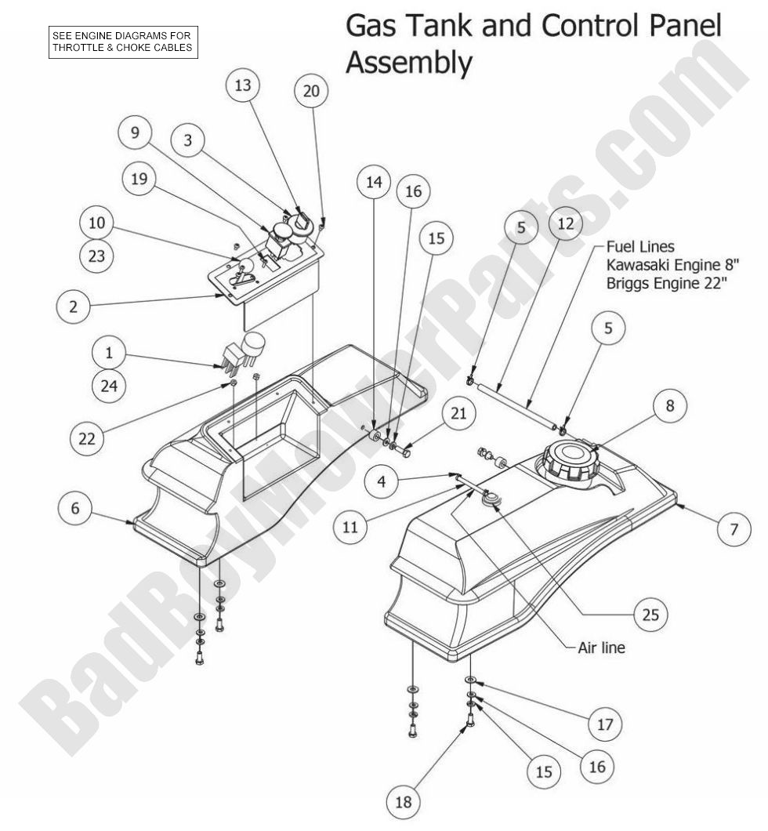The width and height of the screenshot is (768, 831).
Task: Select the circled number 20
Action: [311, 91]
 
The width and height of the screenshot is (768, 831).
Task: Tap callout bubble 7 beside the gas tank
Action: [734, 529]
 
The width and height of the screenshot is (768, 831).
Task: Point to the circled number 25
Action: [650, 615]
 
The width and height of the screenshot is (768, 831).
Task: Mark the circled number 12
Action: [566, 225]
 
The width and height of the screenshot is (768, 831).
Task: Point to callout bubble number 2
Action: [73, 307]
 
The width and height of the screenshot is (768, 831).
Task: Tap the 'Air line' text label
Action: [601, 648]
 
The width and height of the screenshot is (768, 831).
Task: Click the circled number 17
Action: [604, 725]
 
